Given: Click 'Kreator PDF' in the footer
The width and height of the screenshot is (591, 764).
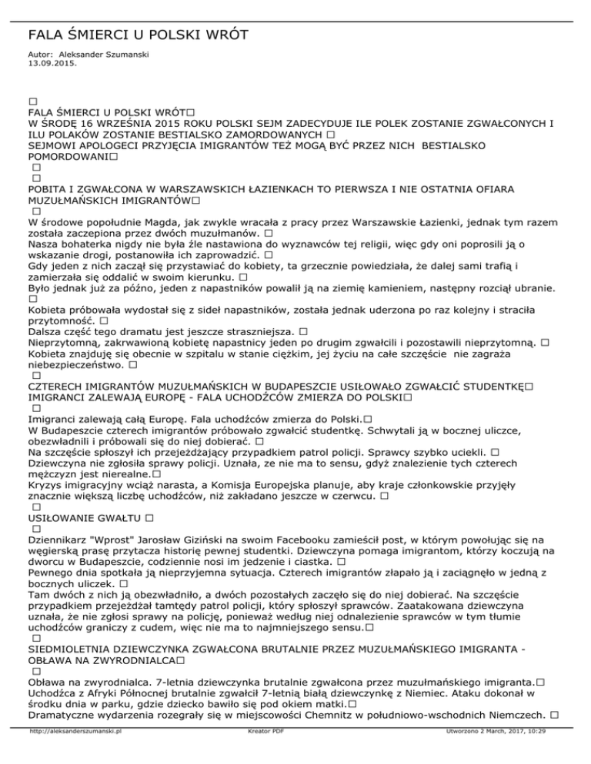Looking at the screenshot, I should point(262,754).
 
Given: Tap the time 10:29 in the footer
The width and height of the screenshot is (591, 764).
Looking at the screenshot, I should point(551,754).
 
